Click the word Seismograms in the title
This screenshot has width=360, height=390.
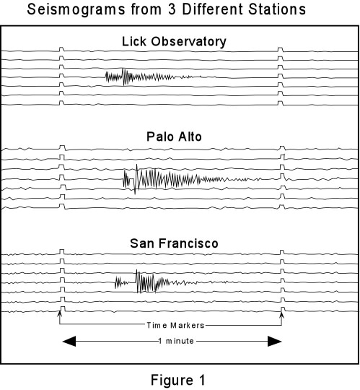[76, 10]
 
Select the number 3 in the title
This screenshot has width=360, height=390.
[172, 9]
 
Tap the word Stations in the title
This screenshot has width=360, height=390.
[277, 9]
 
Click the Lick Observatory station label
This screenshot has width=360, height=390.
[174, 42]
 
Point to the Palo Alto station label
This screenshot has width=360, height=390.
[174, 136]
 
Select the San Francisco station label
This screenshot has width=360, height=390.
[174, 243]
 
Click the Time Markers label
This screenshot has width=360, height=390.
[175, 325]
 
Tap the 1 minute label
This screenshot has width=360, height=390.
[176, 341]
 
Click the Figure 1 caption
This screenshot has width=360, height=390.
[178, 380]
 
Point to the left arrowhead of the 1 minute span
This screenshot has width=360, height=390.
[69, 341]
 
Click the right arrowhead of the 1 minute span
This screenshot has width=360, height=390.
[275, 341]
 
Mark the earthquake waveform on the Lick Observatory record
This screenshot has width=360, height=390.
[153, 77]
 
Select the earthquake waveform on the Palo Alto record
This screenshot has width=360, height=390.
[192, 179]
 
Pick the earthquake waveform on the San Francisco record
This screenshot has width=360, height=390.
[171, 282]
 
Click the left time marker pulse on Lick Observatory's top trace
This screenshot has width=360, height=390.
[61, 49]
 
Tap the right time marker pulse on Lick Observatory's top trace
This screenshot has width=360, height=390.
[280, 49]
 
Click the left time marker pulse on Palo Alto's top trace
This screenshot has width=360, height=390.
[62, 147]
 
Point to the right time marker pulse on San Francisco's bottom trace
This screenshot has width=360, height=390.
[282, 309]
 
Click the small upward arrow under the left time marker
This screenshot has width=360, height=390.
[59, 316]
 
